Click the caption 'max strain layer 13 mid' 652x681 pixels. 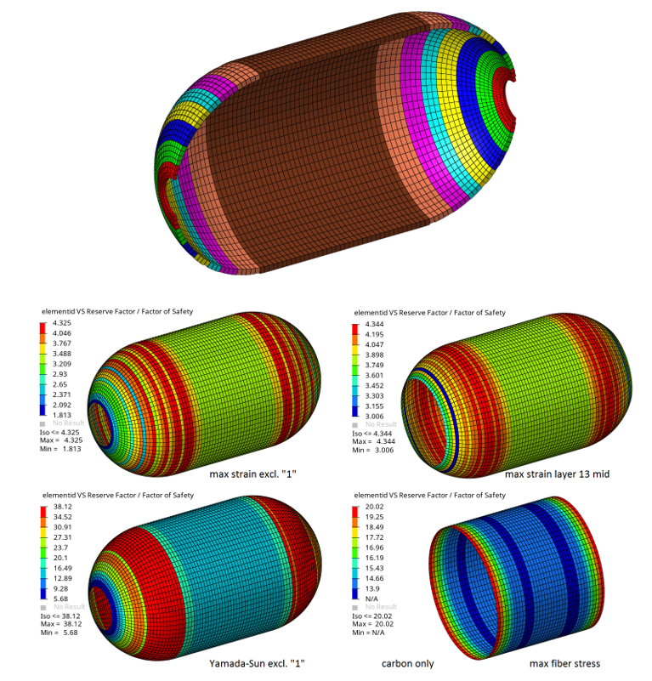pyautogui.click(x=557, y=474)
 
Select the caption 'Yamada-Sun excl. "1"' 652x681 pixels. pyautogui.click(x=257, y=663)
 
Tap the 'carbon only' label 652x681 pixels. pyautogui.click(x=407, y=664)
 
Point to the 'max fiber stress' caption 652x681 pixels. pyautogui.click(x=564, y=663)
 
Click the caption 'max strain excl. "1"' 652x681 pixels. pyautogui.click(x=252, y=474)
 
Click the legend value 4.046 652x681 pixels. pyautogui.click(x=62, y=333)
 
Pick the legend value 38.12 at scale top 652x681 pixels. pyautogui.click(x=63, y=507)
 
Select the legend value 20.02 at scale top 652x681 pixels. pyautogui.click(x=374, y=507)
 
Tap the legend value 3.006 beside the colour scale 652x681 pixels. pyautogui.click(x=374, y=416)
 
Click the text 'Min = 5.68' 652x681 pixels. pyautogui.click(x=59, y=633)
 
